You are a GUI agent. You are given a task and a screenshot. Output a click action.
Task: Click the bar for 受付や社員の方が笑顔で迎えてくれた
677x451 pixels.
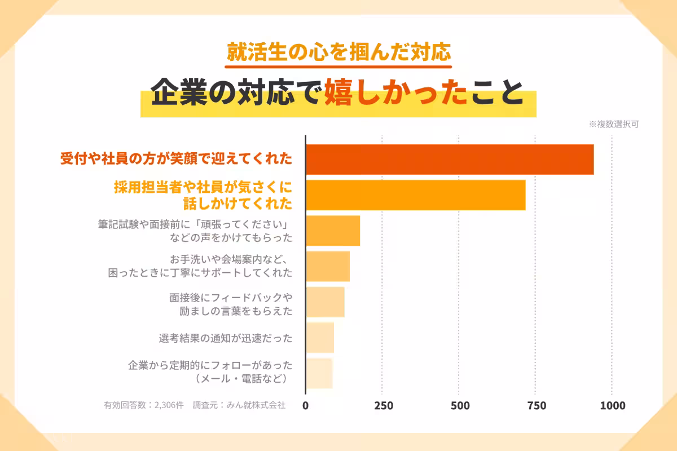(x=450, y=160)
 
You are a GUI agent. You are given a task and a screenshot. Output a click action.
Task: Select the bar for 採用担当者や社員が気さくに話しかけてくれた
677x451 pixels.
(x=415, y=195)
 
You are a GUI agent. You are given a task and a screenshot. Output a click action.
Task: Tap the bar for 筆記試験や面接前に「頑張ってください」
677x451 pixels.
(x=333, y=231)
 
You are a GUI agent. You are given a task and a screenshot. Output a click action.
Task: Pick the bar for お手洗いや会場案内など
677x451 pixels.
(x=328, y=266)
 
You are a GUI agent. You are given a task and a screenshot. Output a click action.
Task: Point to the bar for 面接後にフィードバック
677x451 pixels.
(x=325, y=302)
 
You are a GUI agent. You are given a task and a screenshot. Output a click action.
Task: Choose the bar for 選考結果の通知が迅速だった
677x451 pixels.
(x=320, y=338)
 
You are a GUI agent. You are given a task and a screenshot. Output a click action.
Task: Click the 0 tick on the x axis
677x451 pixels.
(x=306, y=406)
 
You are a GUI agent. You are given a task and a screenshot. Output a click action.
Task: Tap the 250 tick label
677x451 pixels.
(x=383, y=406)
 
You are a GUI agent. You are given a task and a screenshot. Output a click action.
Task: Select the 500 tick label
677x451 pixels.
(x=459, y=406)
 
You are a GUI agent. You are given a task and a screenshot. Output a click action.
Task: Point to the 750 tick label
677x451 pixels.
(x=536, y=406)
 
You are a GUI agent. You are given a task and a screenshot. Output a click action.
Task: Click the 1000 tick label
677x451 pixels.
(x=613, y=406)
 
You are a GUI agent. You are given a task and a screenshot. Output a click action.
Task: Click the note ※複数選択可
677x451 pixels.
(x=614, y=125)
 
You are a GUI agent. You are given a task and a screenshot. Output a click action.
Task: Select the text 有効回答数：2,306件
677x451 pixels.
(x=144, y=405)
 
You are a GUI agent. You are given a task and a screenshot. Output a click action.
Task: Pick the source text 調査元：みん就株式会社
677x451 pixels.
(x=239, y=405)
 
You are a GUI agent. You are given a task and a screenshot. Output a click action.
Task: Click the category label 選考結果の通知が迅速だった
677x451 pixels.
(x=226, y=338)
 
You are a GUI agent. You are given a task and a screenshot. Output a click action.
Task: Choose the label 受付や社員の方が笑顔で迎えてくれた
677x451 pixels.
(x=176, y=160)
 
